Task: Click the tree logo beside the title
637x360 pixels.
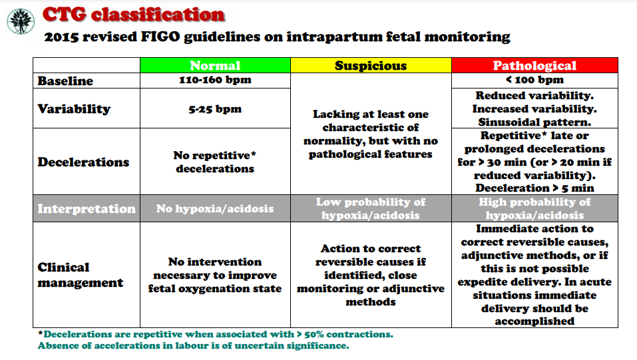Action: (x=21, y=21)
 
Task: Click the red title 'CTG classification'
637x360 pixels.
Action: (x=134, y=15)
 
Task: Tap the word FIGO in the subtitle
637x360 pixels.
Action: (x=160, y=37)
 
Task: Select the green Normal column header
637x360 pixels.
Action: (x=215, y=65)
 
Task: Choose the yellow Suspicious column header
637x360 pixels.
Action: (x=371, y=65)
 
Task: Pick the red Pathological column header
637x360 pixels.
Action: (x=534, y=65)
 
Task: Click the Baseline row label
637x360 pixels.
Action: (x=65, y=81)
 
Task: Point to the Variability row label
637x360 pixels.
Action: (x=74, y=109)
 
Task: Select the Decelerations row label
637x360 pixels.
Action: (x=83, y=162)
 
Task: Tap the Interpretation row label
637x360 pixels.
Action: (x=87, y=208)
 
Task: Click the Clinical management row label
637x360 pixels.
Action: (x=81, y=275)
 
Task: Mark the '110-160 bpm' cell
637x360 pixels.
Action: (x=215, y=80)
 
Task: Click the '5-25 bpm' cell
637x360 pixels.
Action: (x=215, y=109)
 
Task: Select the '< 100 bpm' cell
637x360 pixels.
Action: (x=534, y=80)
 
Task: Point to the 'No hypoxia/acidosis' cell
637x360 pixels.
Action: (x=215, y=208)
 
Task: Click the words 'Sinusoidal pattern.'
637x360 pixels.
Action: (x=534, y=122)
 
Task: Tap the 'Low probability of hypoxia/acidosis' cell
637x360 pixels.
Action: (x=371, y=208)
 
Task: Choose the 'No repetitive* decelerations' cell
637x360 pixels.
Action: (x=215, y=162)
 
